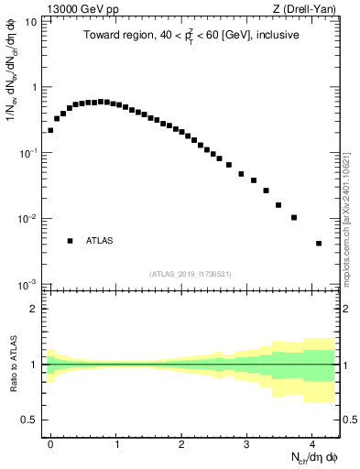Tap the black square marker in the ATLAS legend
click(x=70, y=241)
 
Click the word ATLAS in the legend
click(x=100, y=241)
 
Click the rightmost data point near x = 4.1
click(x=319, y=244)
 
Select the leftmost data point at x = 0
click(x=50, y=130)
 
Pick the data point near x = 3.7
click(x=294, y=218)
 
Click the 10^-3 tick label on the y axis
click(x=28, y=284)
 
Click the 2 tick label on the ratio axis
click(x=33, y=309)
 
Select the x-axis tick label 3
click(x=246, y=442)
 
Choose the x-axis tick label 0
click(x=50, y=442)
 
